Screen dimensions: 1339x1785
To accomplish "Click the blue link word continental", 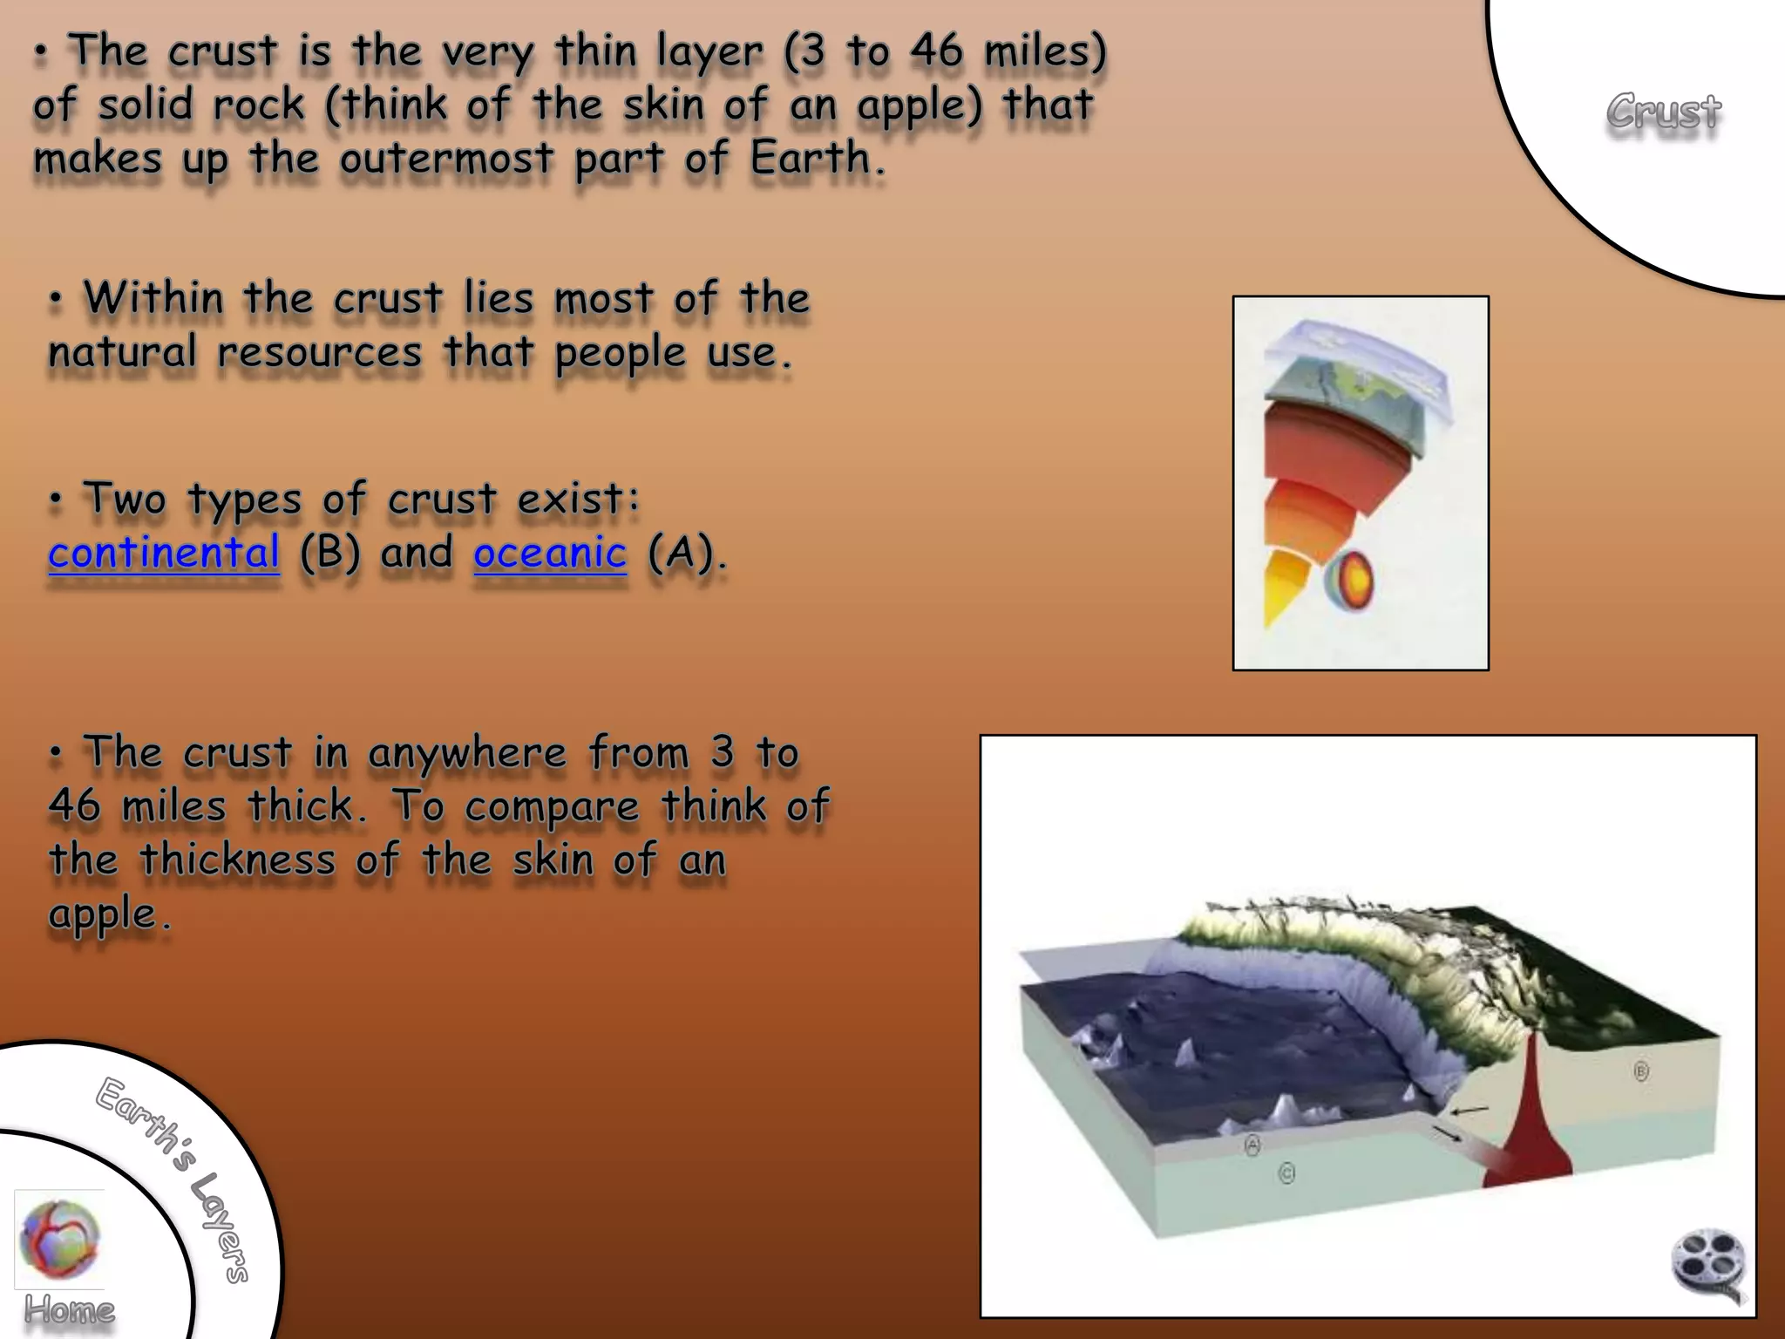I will [164, 552].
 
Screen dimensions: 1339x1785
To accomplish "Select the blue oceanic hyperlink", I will [550, 552].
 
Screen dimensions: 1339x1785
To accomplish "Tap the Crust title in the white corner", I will [1664, 112].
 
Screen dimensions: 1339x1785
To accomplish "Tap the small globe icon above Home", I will [59, 1238].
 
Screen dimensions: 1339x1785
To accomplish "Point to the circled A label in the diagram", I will [1252, 1145].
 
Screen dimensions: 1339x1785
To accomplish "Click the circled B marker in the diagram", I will [1641, 1071].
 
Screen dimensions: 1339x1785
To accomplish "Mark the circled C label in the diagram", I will [1286, 1173].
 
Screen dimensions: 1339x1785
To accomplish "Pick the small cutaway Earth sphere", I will [1349, 581].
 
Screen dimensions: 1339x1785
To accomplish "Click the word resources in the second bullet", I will [320, 352].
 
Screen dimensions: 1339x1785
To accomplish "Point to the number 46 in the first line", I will [937, 50].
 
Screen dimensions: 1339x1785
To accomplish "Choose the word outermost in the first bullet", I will [446, 158].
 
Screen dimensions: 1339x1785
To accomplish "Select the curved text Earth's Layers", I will [174, 1177].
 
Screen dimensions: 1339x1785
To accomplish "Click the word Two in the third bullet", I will [124, 499].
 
